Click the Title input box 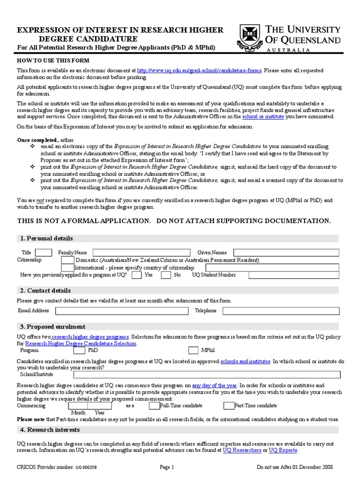pyautogui.click(x=44, y=252)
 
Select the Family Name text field pyautogui.click(x=142, y=252)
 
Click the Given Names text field pyautogui.click(x=286, y=252)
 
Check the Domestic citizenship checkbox pyautogui.click(x=67, y=260)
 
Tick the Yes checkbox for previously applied pyautogui.click(x=137, y=275)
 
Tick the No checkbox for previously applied pyautogui.click(x=165, y=275)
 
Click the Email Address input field pyautogui.click(x=122, y=311)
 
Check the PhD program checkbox pyautogui.click(x=80, y=350)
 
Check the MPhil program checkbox pyautogui.click(x=193, y=350)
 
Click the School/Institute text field pyautogui.click(x=207, y=375)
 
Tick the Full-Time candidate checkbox pyautogui.click(x=154, y=405)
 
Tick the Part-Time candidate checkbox pyautogui.click(x=229, y=405)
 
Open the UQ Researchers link pyautogui.click(x=242, y=450)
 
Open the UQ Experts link pyautogui.click(x=283, y=450)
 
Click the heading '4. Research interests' pyautogui.click(x=50, y=430)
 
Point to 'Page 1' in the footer pyautogui.click(x=167, y=467)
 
